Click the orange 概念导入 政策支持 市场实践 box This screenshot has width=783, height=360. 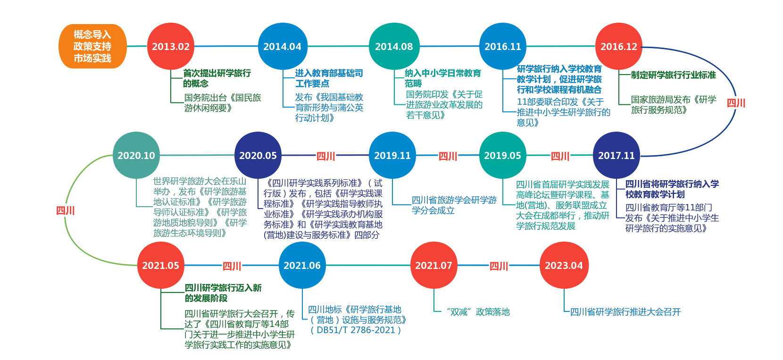(92, 46)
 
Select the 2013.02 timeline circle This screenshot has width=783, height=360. (171, 46)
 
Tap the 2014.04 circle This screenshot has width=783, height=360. (282, 46)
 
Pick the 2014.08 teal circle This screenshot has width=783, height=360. (393, 46)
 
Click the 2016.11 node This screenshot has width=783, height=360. (503, 46)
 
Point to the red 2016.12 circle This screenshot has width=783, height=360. (618, 46)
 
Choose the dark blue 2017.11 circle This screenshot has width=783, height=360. (616, 155)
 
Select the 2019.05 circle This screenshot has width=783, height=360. (502, 155)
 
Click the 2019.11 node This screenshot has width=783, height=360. (392, 155)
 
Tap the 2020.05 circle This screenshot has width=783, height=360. (258, 155)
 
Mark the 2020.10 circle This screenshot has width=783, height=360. (136, 155)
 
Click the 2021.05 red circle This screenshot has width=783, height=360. (160, 265)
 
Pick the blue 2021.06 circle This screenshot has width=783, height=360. (302, 265)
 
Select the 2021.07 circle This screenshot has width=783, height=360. (433, 265)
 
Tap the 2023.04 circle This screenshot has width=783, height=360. (564, 265)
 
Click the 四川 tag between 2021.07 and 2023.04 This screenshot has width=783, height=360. (499, 266)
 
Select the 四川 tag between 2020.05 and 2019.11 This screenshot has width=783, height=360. (325, 156)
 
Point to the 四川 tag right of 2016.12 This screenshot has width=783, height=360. (736, 103)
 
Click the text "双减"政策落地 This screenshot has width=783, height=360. (478, 312)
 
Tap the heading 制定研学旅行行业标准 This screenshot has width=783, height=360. (673, 75)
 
